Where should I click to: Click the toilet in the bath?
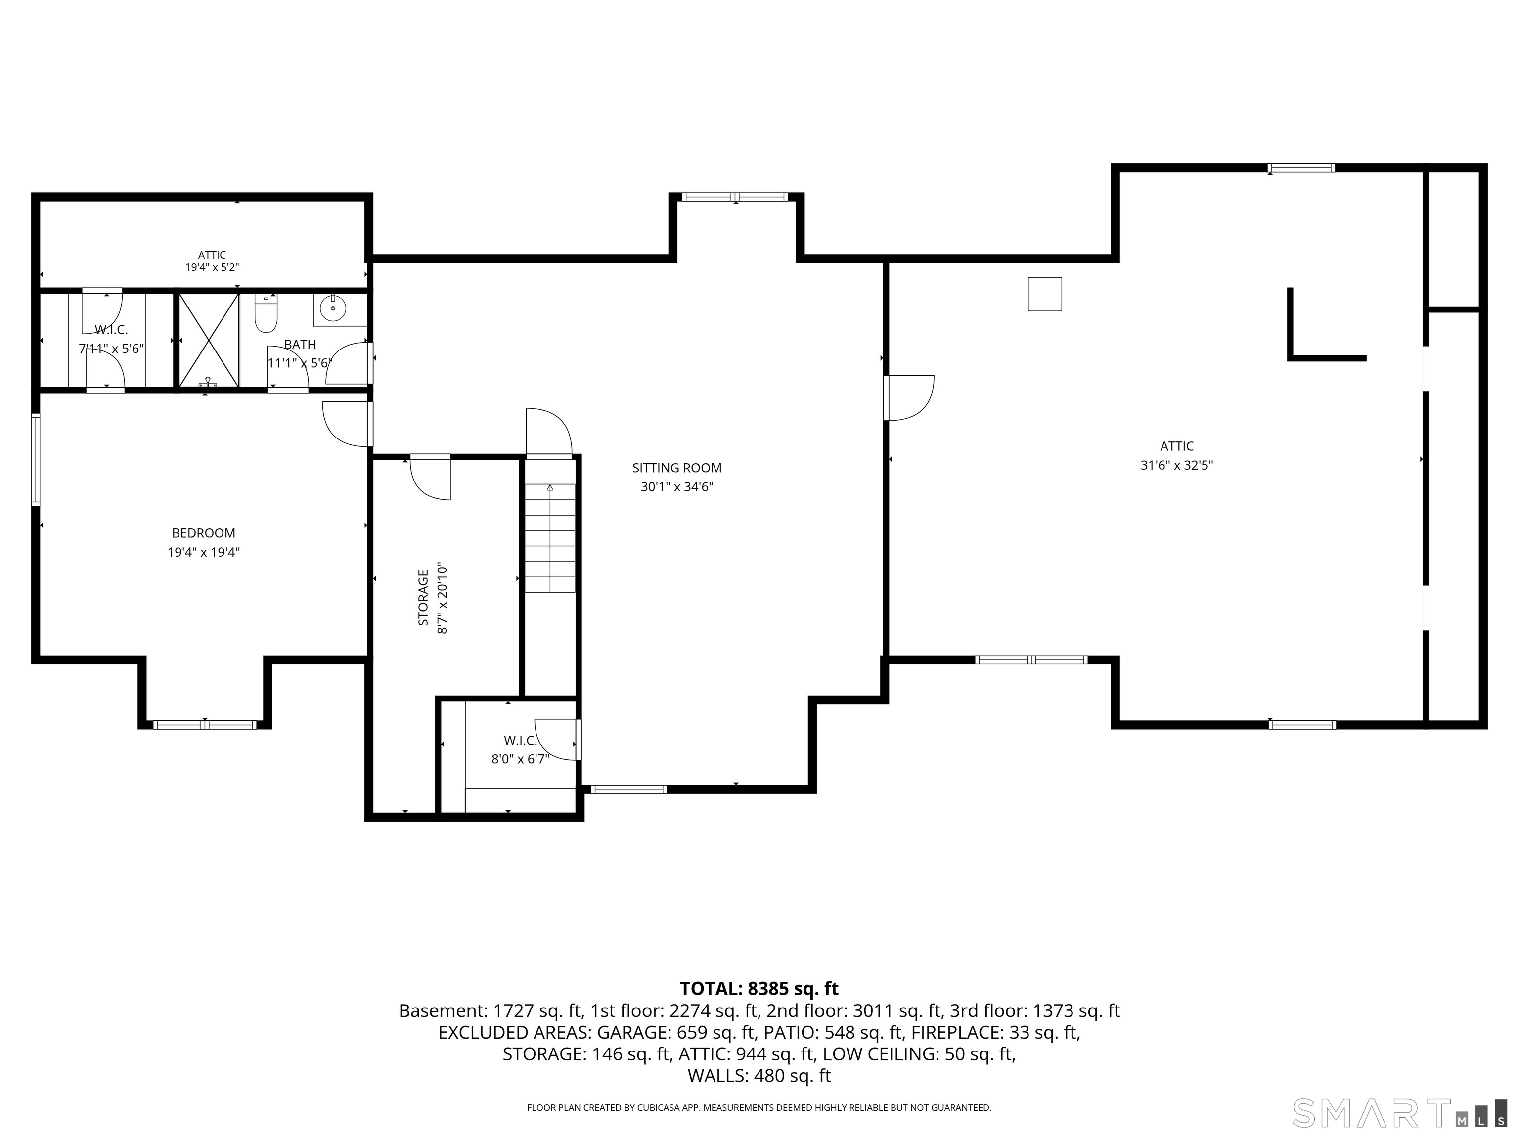pyautogui.click(x=265, y=313)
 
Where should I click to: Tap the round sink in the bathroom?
pyautogui.click(x=333, y=309)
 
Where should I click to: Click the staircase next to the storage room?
pyautogui.click(x=550, y=537)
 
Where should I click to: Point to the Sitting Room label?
pyautogui.click(x=677, y=468)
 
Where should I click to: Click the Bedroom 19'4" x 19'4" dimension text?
pyautogui.click(x=204, y=552)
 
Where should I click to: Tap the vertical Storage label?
pyautogui.click(x=423, y=597)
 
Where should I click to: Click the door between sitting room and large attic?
pyautogui.click(x=908, y=398)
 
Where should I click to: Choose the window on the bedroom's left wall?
pyautogui.click(x=35, y=459)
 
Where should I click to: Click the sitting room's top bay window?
pyautogui.click(x=735, y=197)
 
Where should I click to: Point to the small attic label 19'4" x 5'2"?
pyautogui.click(x=212, y=268)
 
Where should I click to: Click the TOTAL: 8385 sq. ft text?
pyautogui.click(x=759, y=989)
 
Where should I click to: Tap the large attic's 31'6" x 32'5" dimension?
pyautogui.click(x=1177, y=465)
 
